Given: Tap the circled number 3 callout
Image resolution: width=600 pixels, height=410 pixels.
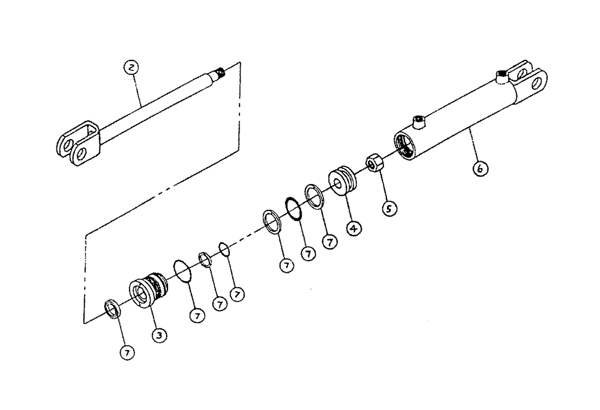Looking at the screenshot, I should tap(158, 335).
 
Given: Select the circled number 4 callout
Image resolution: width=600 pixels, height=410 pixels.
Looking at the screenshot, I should tap(354, 228).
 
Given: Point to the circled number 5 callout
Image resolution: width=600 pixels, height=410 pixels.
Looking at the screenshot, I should tap(389, 209).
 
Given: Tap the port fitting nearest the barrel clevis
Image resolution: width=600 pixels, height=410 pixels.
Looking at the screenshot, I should tap(502, 76).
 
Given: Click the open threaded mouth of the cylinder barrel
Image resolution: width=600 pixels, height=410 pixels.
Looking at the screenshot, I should tap(406, 146).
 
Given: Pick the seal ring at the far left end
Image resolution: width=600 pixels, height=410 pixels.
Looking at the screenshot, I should tap(112, 309).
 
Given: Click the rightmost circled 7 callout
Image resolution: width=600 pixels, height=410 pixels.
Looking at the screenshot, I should tap(329, 242).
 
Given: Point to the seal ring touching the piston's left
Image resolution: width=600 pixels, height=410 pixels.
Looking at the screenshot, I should tap(314, 195).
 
